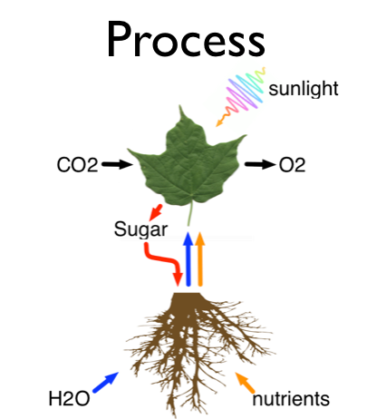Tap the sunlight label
(x=304, y=89)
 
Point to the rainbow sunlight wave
(x=241, y=96)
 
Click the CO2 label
(x=77, y=165)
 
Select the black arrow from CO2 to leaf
(x=117, y=164)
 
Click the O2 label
(x=292, y=165)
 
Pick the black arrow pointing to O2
(x=260, y=164)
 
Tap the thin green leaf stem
(x=190, y=213)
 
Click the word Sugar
(x=140, y=229)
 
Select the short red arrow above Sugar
(x=156, y=212)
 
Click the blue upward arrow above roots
(x=188, y=258)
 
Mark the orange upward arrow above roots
(x=200, y=258)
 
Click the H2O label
(x=69, y=398)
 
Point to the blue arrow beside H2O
(x=105, y=382)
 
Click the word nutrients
(x=291, y=399)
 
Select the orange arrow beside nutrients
(x=245, y=383)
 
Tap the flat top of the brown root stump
(x=188, y=293)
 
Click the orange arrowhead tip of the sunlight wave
(x=217, y=126)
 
